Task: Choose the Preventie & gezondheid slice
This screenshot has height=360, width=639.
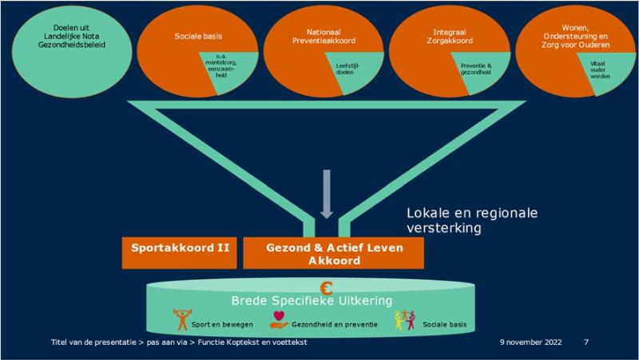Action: coord(475,69)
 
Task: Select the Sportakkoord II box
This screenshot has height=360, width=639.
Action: coord(177,250)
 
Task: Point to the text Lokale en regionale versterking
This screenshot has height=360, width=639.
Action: coord(472,220)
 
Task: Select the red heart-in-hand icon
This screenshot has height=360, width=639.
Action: coord(280,318)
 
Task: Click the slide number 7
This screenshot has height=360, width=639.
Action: coord(587,342)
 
